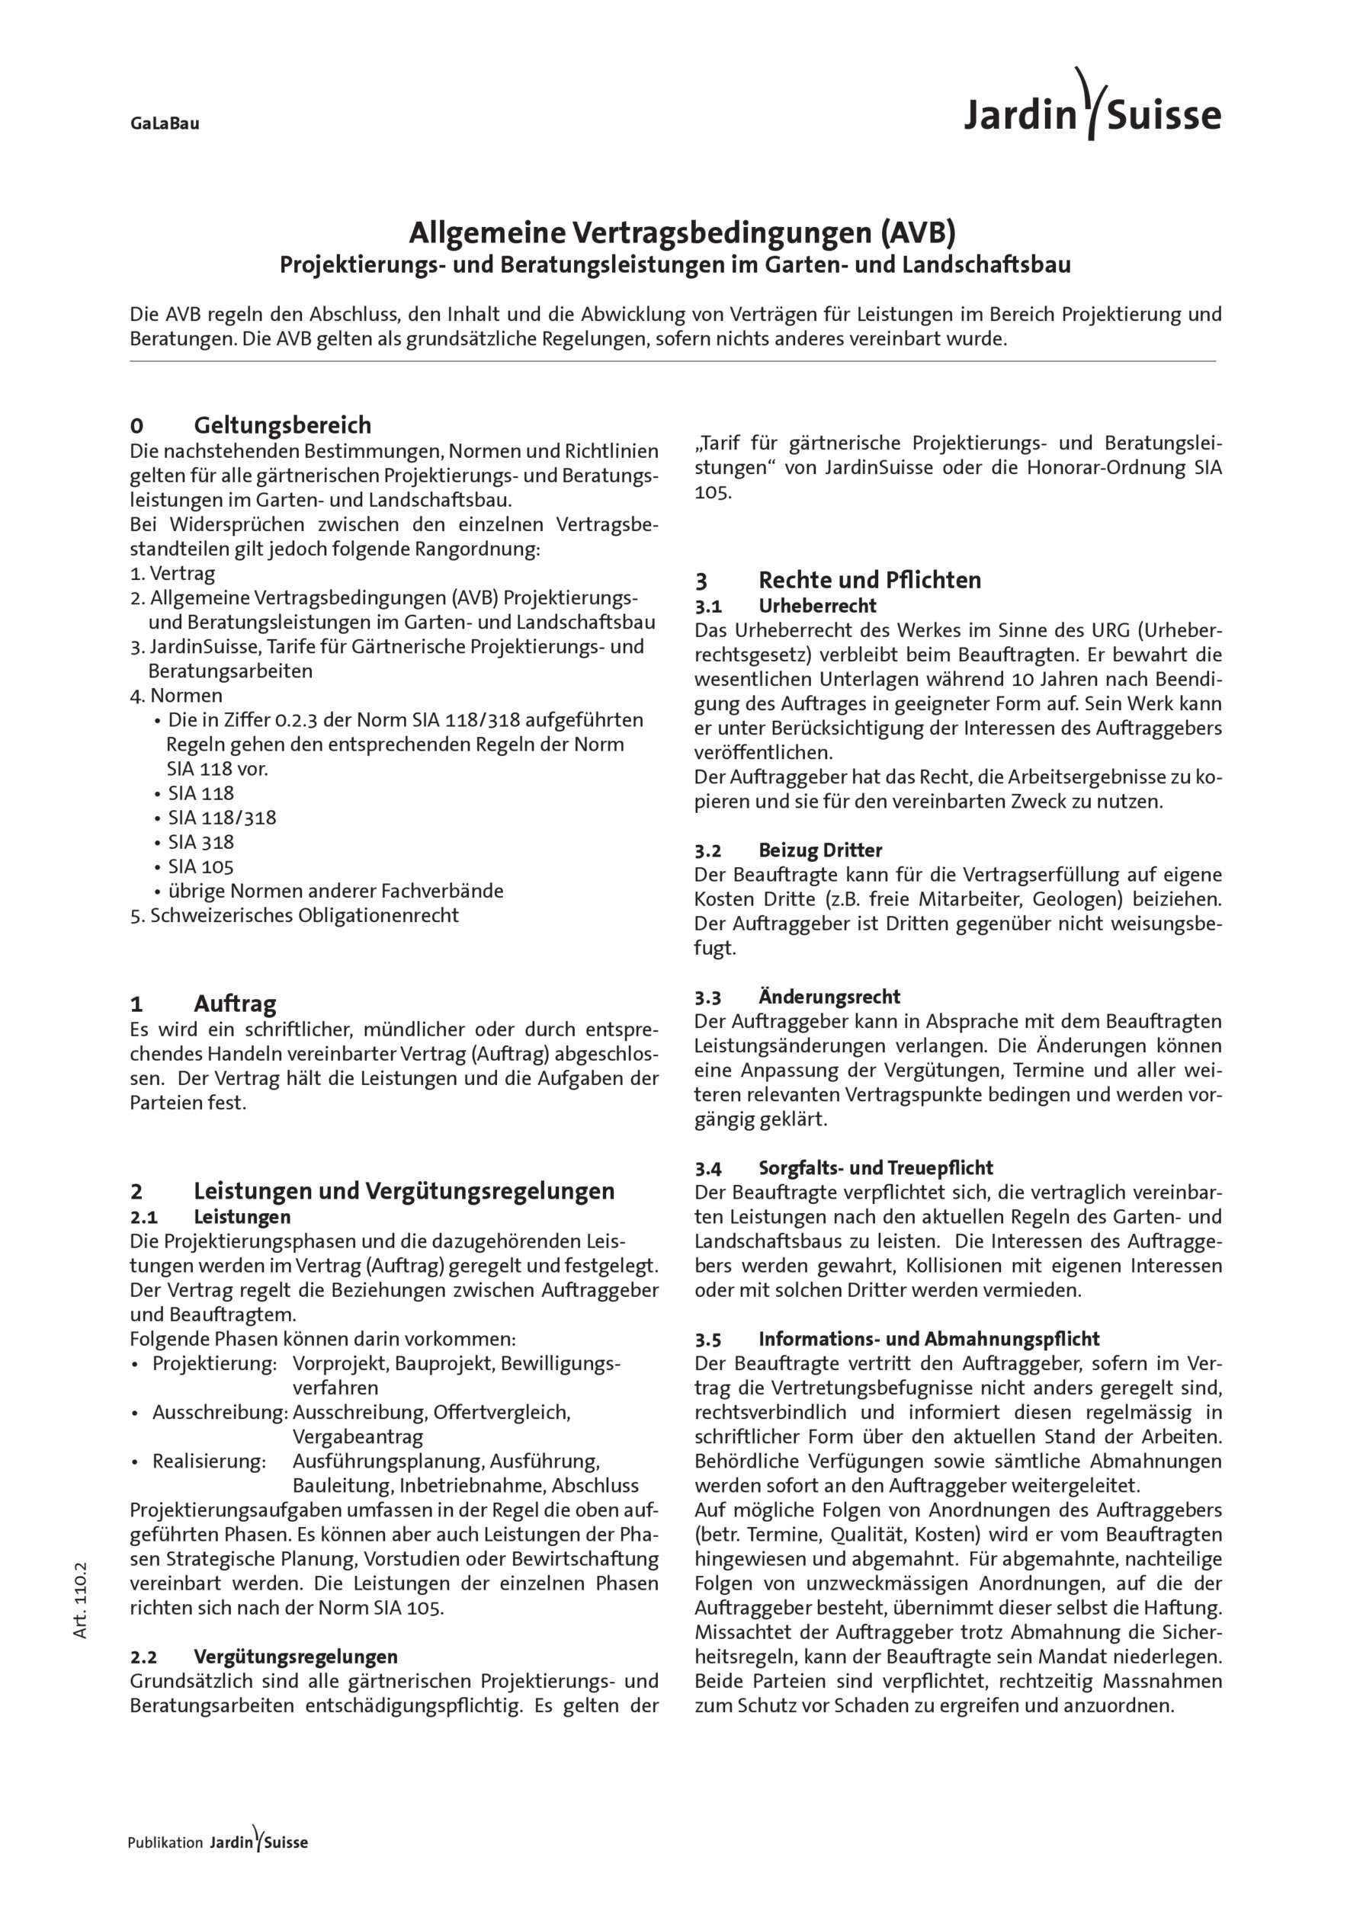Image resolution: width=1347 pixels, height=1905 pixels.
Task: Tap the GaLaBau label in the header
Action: (165, 124)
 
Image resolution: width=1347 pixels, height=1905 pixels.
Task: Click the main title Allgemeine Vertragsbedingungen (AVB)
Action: (682, 233)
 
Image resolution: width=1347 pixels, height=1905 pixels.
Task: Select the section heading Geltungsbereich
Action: (282, 426)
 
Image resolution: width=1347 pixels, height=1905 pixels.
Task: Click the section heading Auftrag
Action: (235, 1004)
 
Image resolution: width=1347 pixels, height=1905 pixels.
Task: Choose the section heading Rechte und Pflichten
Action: (869, 580)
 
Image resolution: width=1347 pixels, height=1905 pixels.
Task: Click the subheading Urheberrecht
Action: (816, 606)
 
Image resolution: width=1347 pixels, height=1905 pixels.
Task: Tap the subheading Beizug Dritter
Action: (820, 850)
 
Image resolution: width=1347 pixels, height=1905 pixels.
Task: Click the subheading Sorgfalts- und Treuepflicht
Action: (876, 1167)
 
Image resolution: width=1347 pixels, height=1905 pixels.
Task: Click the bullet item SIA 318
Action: (200, 842)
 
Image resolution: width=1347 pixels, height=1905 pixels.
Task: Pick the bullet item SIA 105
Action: (200, 867)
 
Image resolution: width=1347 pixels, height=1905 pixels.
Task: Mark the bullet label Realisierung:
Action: (208, 1461)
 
